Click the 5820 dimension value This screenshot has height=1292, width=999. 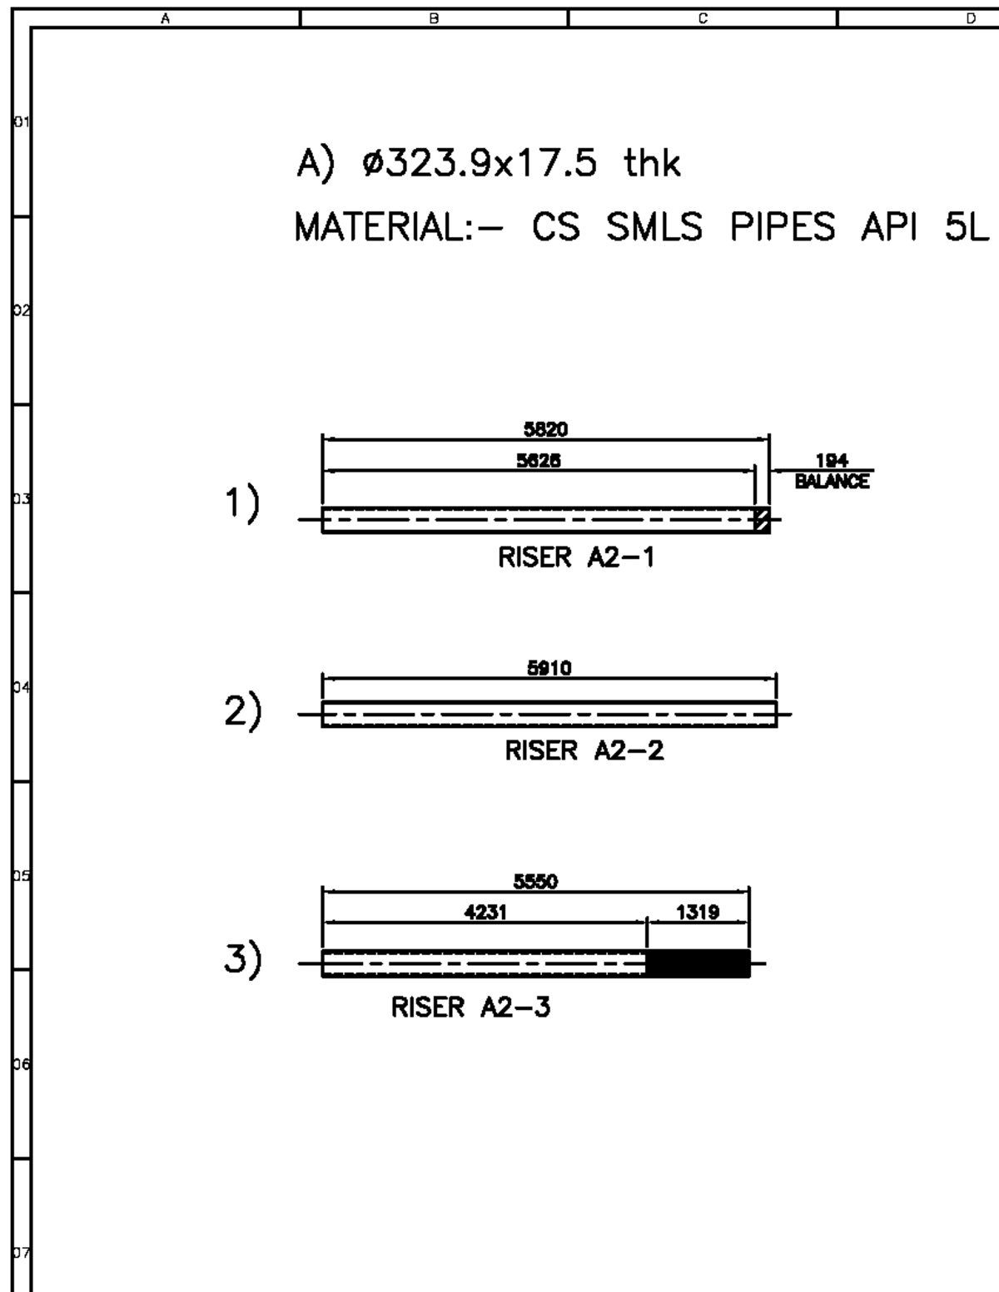click(x=545, y=428)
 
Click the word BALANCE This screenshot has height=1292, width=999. click(x=832, y=482)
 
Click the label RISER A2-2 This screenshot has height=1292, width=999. click(x=584, y=751)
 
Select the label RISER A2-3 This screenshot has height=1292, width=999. click(x=470, y=1008)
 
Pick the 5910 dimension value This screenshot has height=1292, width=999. click(x=549, y=668)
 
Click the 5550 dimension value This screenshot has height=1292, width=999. click(x=535, y=883)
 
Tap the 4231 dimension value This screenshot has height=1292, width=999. click(x=485, y=913)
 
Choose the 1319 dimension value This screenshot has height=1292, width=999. click(x=698, y=913)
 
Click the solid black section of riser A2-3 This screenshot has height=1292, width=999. click(x=698, y=963)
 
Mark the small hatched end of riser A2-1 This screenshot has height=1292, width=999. click(x=761, y=520)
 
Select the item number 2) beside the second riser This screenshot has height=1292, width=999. click(x=242, y=714)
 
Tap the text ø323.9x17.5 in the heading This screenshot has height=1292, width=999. click(x=480, y=165)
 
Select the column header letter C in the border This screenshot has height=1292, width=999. click(x=702, y=17)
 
